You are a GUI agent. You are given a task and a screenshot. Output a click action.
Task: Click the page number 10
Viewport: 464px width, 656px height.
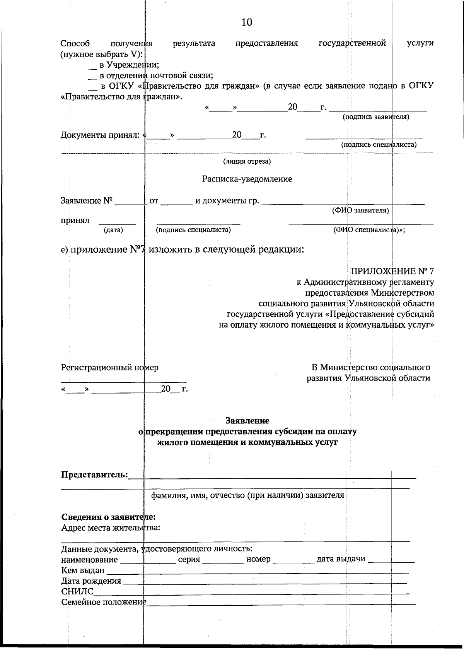(247, 22)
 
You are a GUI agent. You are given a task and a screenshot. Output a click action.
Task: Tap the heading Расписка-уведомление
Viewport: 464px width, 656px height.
(247, 179)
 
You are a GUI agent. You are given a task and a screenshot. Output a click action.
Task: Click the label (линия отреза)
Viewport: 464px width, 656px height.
(247, 161)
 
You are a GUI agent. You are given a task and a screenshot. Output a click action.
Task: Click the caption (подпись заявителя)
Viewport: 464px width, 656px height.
(376, 116)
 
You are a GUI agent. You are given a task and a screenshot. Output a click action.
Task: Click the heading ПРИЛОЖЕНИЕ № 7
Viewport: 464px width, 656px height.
(392, 271)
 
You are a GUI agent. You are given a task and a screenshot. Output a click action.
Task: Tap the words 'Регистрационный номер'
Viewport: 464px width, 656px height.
(109, 367)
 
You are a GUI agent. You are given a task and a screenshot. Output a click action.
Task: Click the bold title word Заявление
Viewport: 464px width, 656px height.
(247, 420)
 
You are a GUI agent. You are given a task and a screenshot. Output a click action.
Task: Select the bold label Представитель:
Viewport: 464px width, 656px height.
(94, 474)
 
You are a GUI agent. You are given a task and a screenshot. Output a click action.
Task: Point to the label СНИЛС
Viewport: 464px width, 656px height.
(77, 591)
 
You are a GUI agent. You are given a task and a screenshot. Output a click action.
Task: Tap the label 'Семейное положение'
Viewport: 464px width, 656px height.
(103, 602)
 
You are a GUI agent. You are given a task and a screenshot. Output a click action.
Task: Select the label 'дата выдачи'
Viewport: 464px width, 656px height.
(341, 559)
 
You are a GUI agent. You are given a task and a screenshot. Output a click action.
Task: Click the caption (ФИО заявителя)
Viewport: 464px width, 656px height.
(360, 210)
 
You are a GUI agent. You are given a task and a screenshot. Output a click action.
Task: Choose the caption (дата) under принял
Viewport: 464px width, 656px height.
(113, 230)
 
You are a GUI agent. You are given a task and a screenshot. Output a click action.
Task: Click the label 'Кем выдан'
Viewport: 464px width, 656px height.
(83, 570)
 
